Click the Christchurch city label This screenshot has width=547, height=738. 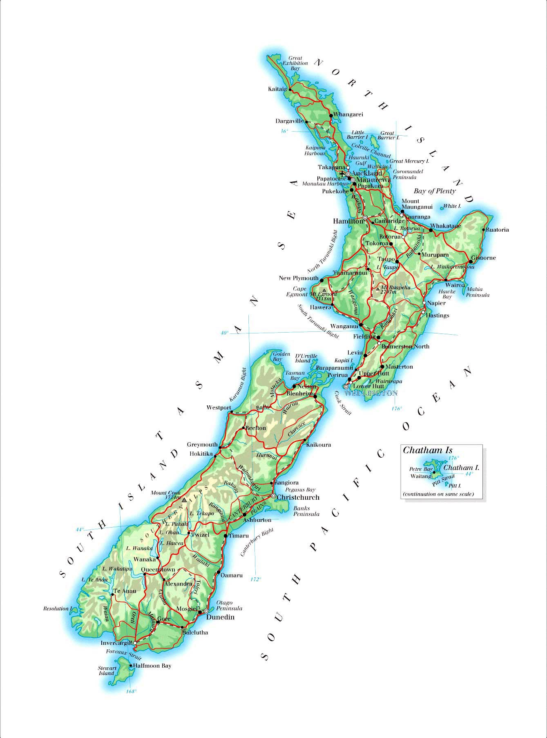[298, 497]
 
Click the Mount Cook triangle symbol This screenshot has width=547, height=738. [184, 500]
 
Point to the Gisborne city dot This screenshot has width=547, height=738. [471, 262]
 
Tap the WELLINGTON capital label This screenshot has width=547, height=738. [371, 393]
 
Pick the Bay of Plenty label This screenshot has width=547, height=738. [435, 191]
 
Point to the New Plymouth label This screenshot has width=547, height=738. [299, 278]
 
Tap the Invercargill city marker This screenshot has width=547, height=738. [135, 643]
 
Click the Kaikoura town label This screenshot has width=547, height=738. [318, 445]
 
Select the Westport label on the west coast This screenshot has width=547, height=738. [219, 407]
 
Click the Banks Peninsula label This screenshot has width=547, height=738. [306, 511]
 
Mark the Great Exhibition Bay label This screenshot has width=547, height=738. [295, 63]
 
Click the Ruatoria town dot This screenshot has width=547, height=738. [483, 230]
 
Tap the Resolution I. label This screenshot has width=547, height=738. [58, 609]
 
